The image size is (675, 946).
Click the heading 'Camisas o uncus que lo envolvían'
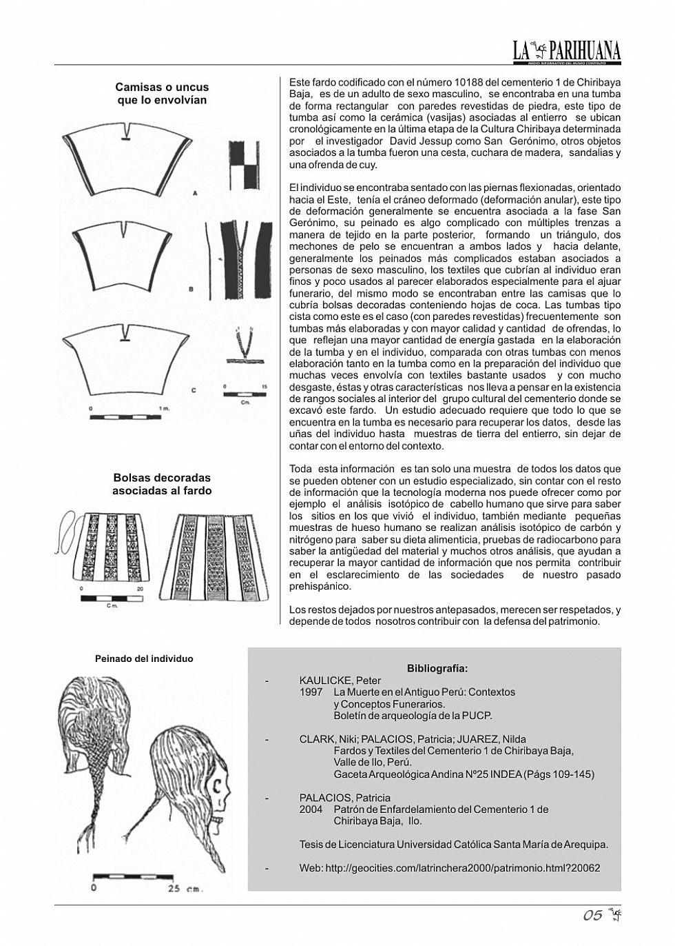point(162,94)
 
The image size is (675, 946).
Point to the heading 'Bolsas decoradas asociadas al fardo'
point(162,484)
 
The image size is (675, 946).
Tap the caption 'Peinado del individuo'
point(144,658)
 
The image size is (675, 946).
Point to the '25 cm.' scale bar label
point(185,889)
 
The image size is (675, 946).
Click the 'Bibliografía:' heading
point(437,668)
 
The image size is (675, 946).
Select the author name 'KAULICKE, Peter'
point(340,681)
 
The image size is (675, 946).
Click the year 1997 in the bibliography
point(311,692)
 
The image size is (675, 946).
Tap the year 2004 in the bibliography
point(311,809)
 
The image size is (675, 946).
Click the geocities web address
point(449,868)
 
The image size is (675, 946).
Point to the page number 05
point(593,916)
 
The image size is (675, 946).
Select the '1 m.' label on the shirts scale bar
point(164,409)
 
